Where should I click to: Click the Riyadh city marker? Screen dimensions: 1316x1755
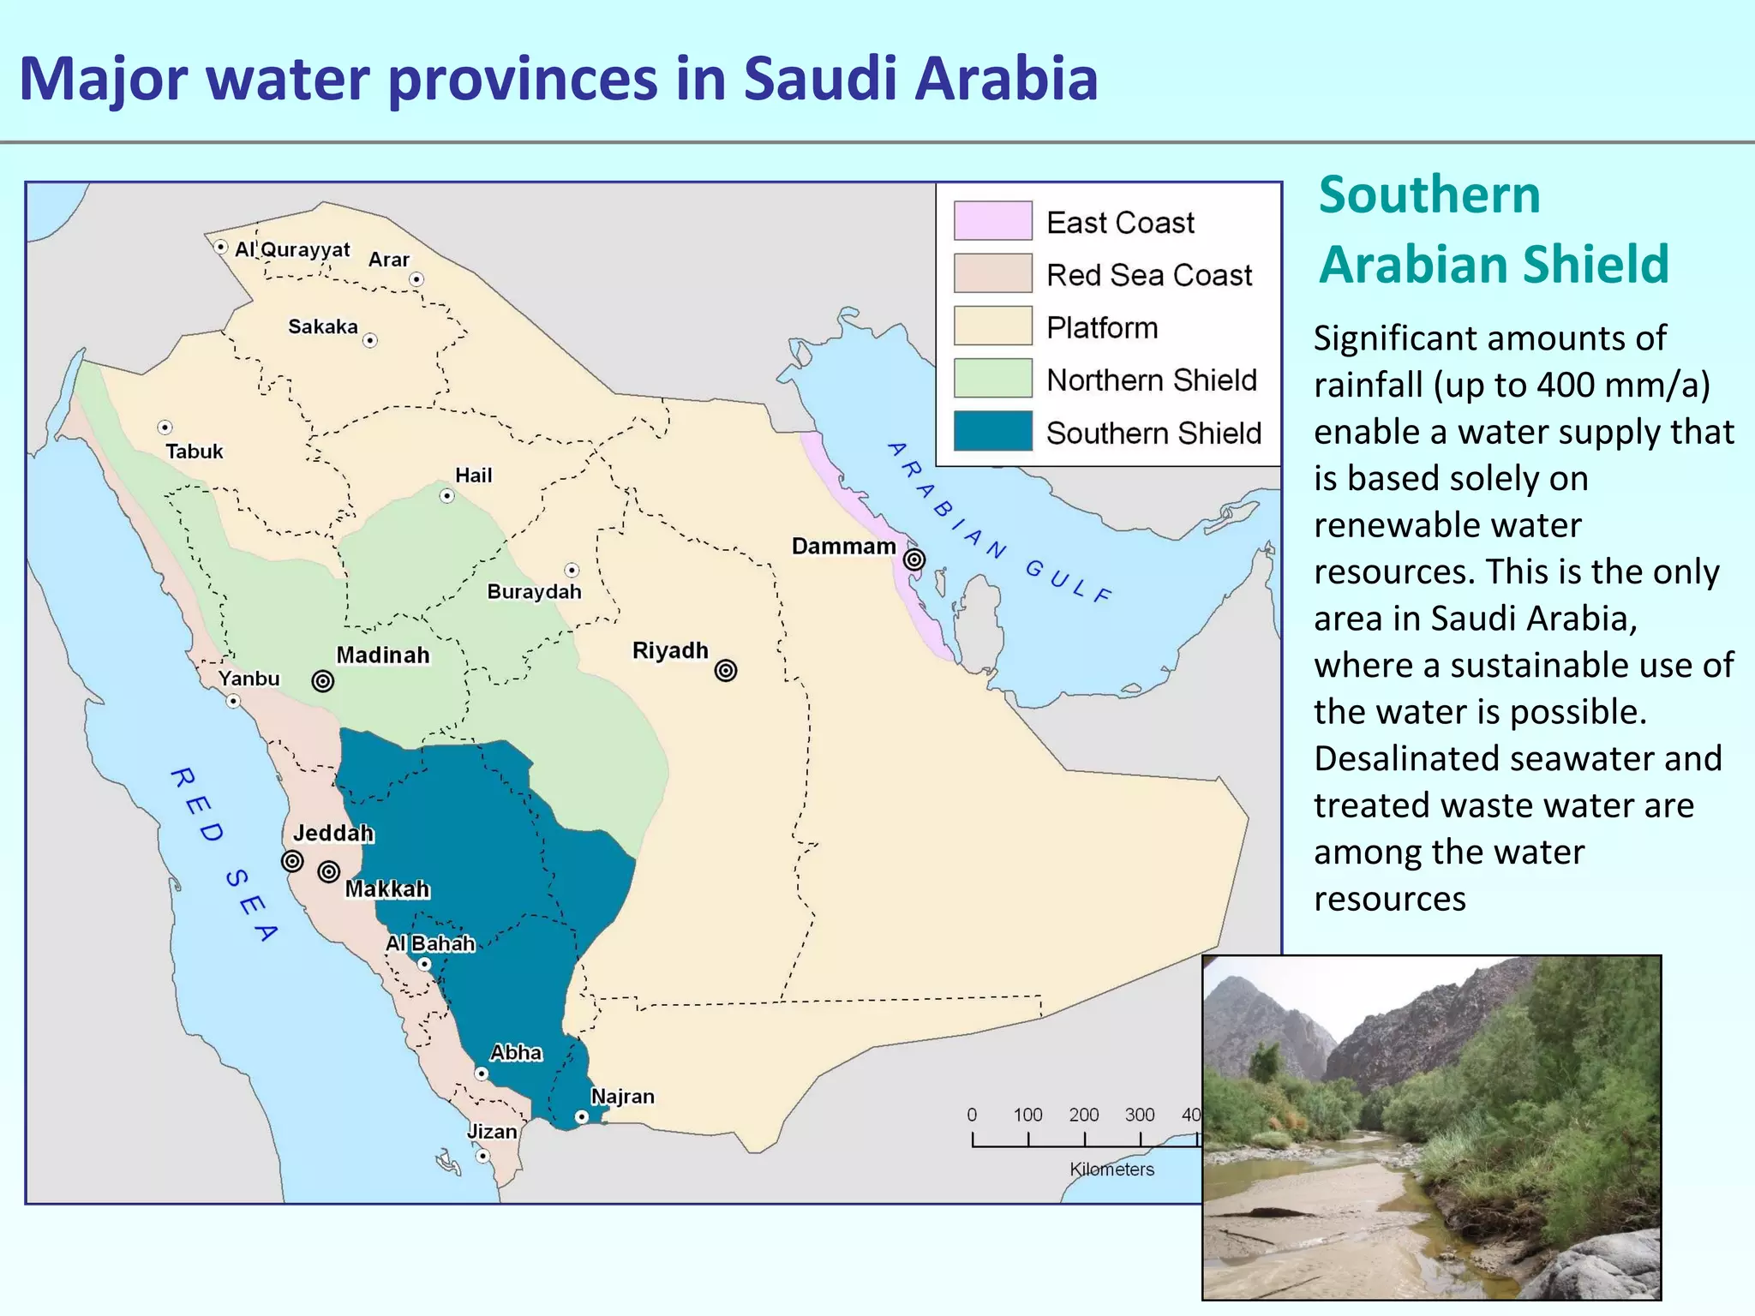coord(726,671)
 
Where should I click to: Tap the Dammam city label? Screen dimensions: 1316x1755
coord(843,547)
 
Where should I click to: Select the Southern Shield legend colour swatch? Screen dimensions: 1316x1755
coord(992,431)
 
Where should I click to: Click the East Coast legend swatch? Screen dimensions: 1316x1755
coord(992,221)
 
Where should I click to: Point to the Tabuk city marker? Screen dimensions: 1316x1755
coord(165,427)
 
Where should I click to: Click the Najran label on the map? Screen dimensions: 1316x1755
coord(622,1097)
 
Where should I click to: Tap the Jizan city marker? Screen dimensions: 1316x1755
coord(482,1156)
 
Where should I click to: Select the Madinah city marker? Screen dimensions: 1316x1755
coord(323,681)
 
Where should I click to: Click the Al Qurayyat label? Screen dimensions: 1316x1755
coord(292,249)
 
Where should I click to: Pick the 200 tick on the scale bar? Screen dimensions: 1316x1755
coord(1084,1139)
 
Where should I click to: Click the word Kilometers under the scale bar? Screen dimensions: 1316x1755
coord(1111,1169)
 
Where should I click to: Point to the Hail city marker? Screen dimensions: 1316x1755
coord(446,496)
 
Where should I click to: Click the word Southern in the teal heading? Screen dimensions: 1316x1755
coord(1429,194)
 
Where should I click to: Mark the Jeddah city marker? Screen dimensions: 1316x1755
coord(292,861)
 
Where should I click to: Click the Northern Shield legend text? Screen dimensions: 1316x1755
coord(1151,380)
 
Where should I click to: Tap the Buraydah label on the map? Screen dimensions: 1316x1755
coord(534,592)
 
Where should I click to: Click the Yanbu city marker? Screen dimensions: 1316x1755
coord(233,701)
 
